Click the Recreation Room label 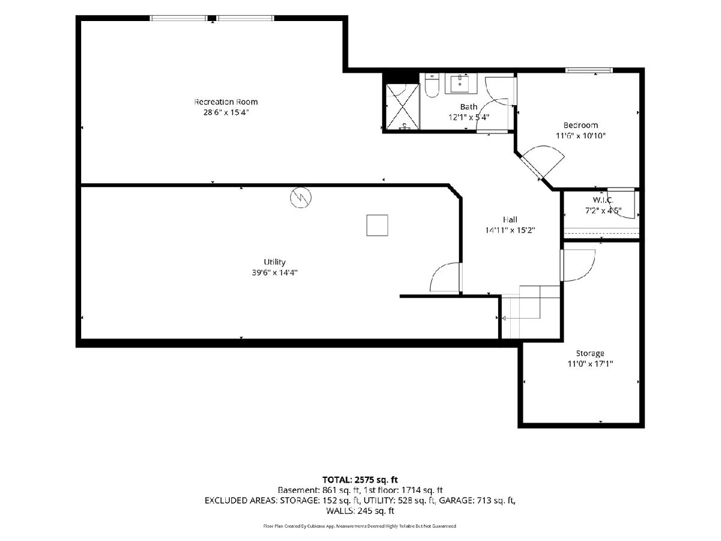(226, 102)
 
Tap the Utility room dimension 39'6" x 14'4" (275, 272)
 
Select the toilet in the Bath (431, 85)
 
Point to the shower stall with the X (403, 106)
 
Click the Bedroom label (580, 125)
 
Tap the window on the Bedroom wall (589, 70)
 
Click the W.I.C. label (603, 200)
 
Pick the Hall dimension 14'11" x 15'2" (510, 230)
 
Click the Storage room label (590, 353)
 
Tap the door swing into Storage (578, 266)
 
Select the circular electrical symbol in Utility (300, 197)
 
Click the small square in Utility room (377, 225)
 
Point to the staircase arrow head (503, 318)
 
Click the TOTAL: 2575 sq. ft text (360, 480)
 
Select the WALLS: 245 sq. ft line (360, 511)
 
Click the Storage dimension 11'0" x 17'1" (590, 364)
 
